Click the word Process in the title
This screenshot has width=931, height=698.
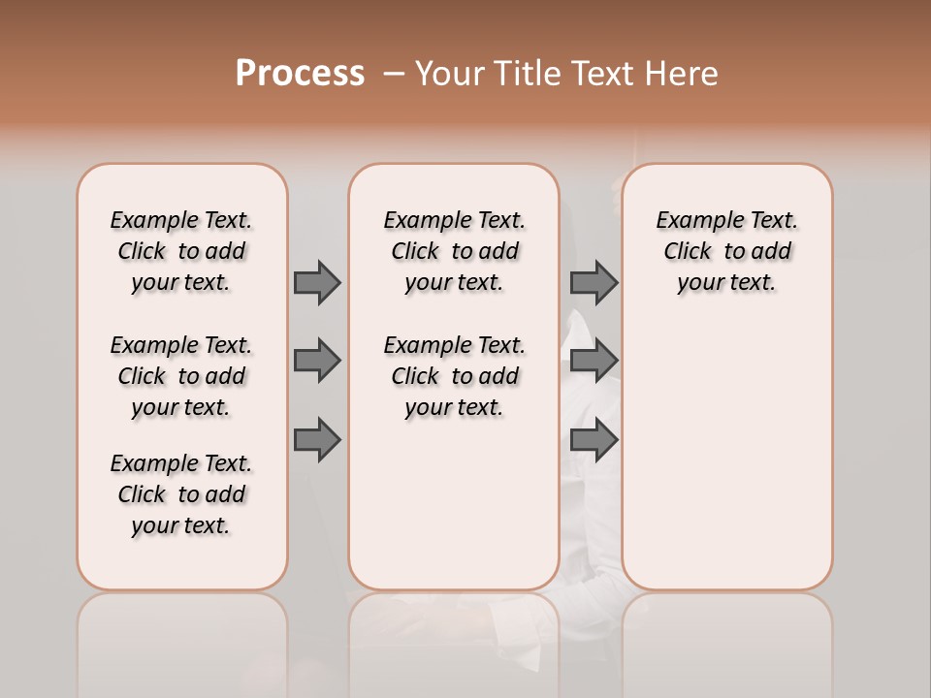(300, 74)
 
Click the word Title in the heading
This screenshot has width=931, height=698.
(529, 74)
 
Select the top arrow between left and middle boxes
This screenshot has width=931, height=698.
(317, 282)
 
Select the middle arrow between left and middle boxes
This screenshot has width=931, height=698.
(317, 361)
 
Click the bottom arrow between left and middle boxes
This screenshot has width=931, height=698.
(317, 440)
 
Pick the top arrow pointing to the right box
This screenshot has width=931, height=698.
(594, 282)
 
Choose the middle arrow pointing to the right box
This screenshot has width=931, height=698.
(594, 361)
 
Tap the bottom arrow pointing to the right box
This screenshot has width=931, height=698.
(594, 440)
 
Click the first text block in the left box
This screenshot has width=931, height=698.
(181, 251)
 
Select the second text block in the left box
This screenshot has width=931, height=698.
(181, 376)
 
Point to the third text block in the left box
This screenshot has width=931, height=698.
(181, 494)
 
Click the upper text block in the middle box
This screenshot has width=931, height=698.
(454, 251)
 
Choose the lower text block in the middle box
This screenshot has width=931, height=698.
(454, 376)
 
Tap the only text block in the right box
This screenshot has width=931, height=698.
(727, 251)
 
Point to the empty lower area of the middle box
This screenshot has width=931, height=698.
(454, 504)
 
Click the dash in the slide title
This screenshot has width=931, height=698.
(394, 74)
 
